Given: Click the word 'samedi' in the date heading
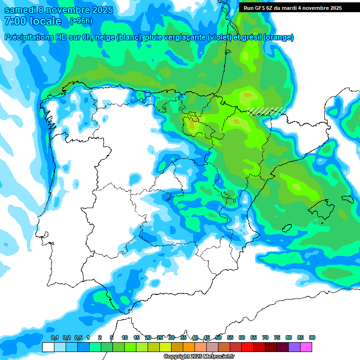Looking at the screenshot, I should point(23,10).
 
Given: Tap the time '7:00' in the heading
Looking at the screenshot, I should point(15,21).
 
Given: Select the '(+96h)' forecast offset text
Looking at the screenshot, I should point(81,21).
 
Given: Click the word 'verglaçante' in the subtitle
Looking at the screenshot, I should point(184,37).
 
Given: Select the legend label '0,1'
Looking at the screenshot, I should point(54,338).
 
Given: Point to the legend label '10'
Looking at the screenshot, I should point(125,338).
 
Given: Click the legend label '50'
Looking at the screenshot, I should point(218,338).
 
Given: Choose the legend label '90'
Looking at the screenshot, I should point(312,338).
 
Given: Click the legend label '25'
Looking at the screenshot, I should point(160,338).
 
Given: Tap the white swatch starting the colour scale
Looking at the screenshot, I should point(48,347).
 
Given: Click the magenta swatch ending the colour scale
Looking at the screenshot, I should point(306,347).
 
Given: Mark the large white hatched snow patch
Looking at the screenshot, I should point(266,111).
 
